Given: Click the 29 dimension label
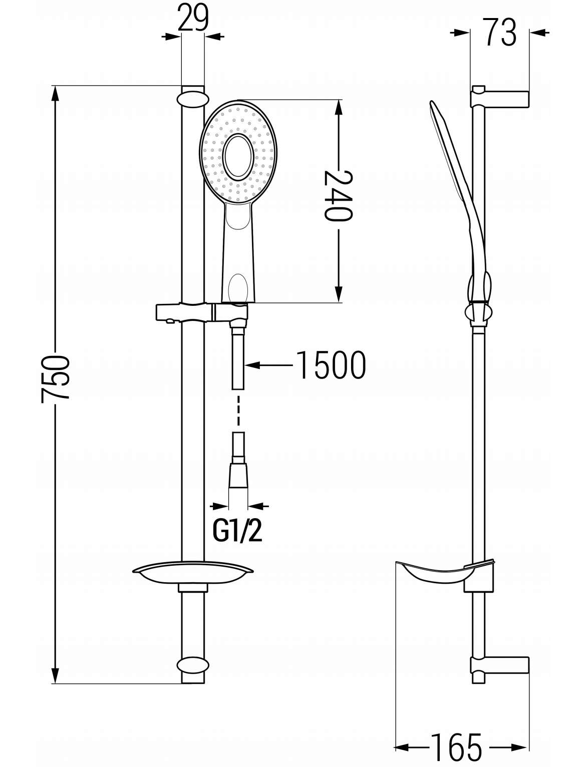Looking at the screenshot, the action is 193,18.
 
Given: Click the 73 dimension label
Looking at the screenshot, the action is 500,33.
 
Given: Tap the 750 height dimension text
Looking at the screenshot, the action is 55,379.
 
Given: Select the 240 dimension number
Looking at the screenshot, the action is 338,195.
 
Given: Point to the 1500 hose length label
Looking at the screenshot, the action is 331,365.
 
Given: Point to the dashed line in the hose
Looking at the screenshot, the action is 238,411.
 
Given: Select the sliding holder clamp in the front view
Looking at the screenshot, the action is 202,312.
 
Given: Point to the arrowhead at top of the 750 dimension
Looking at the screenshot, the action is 55,94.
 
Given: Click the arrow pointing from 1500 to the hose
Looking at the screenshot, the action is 268,365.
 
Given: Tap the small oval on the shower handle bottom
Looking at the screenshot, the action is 238,288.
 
